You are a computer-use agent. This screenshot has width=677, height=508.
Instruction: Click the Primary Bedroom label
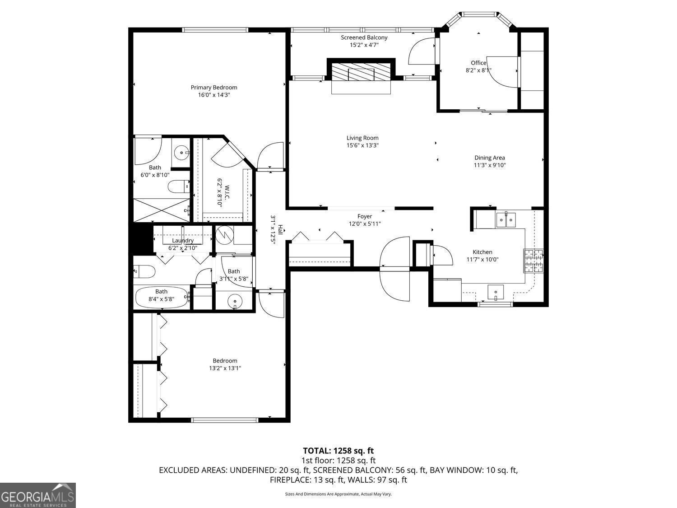click(x=213, y=88)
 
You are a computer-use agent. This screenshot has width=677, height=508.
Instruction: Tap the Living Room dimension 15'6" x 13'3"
click(x=362, y=145)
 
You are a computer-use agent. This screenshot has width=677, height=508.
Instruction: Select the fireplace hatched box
click(x=361, y=72)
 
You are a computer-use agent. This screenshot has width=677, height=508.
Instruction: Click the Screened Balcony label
click(x=364, y=37)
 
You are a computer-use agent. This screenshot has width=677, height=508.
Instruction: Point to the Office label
click(x=478, y=63)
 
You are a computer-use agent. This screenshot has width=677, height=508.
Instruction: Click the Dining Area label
click(x=489, y=158)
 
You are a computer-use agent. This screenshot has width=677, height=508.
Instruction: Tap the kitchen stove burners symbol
click(x=534, y=261)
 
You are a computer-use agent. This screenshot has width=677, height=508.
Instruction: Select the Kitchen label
click(x=482, y=252)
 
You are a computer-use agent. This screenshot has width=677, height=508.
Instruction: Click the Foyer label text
click(x=365, y=216)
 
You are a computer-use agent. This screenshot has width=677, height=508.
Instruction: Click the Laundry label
click(x=183, y=241)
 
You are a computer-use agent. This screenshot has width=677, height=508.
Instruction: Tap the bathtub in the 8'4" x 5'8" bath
click(x=162, y=297)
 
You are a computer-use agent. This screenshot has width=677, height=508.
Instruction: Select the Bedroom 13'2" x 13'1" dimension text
click(x=225, y=368)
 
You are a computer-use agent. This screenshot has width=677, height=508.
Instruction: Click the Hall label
click(x=280, y=229)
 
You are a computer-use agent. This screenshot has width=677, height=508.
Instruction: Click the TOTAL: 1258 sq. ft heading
click(x=338, y=451)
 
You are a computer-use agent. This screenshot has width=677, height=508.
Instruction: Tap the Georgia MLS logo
click(x=38, y=495)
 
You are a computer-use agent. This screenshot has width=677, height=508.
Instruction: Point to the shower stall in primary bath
click(x=161, y=210)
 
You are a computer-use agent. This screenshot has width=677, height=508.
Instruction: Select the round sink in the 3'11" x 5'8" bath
click(x=235, y=300)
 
